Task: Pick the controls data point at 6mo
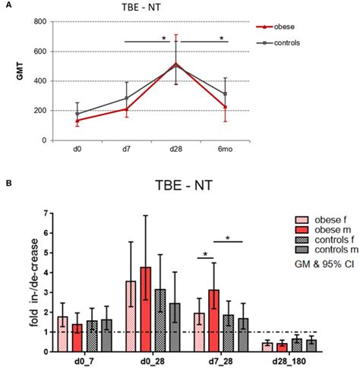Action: click(x=223, y=94)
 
